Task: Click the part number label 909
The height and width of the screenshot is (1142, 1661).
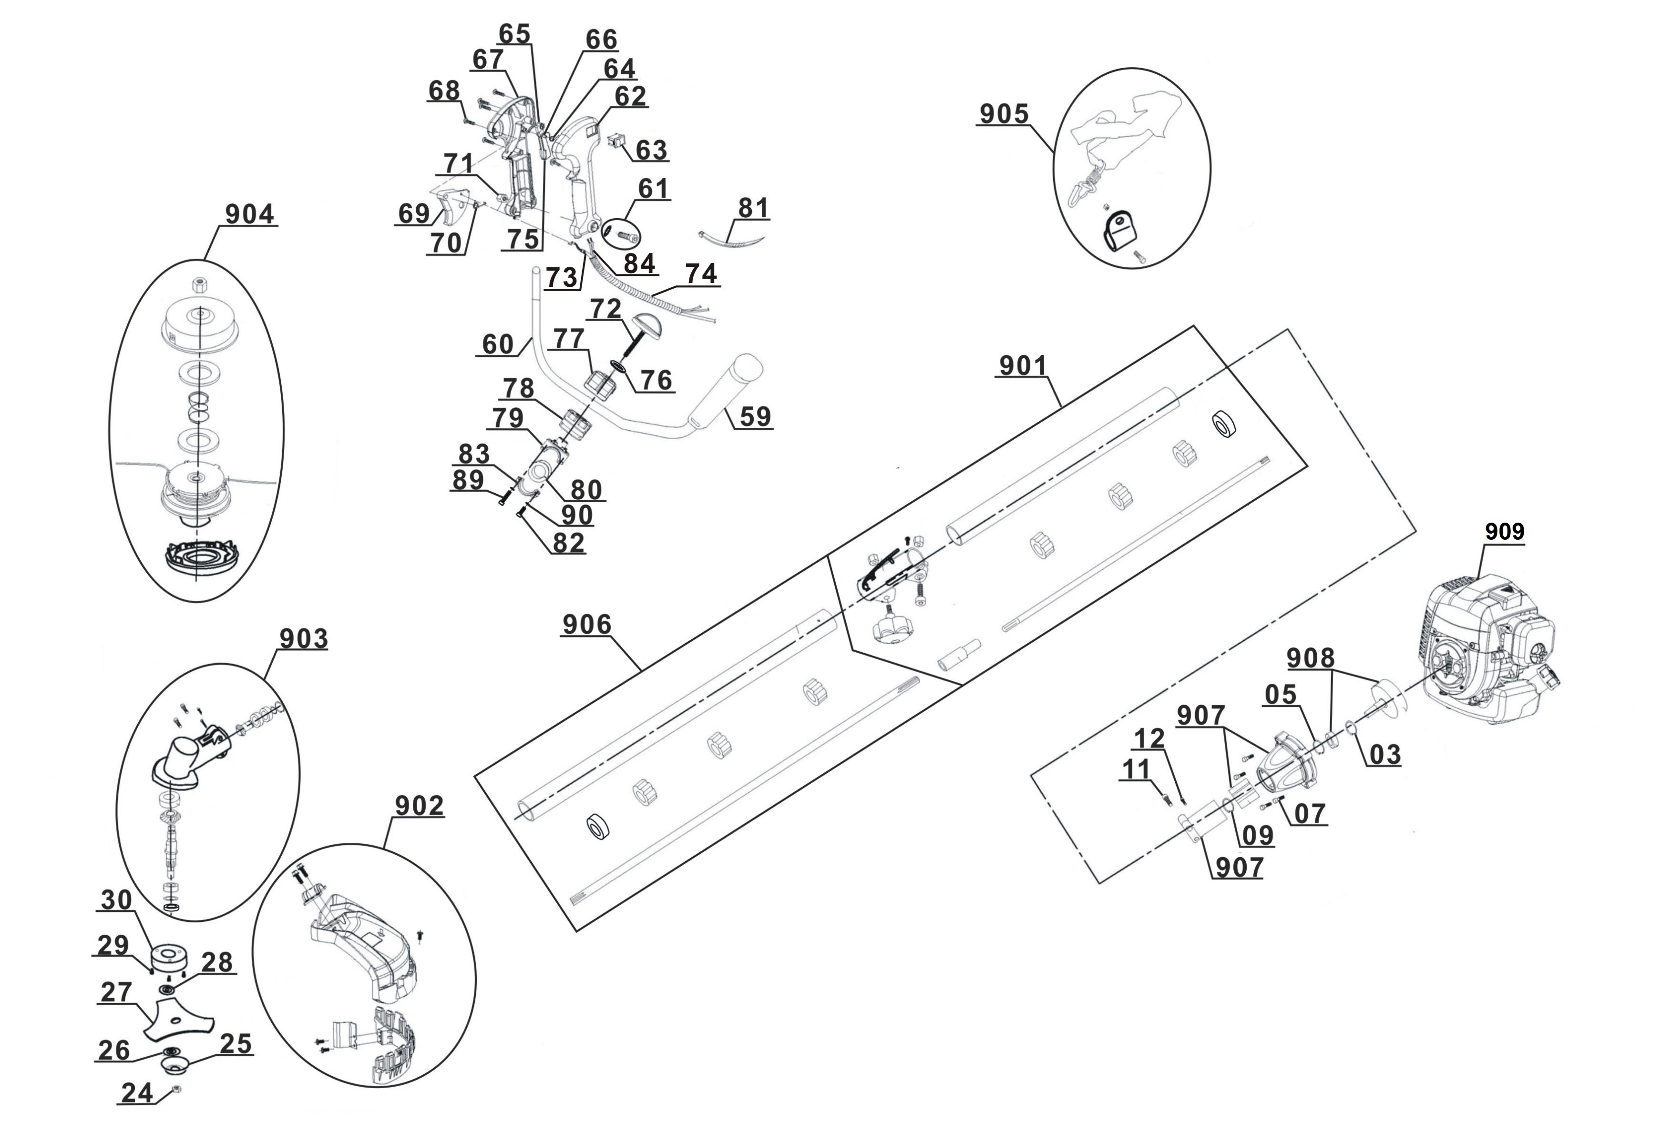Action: point(1504,532)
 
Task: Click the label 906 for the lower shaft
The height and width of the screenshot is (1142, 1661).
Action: point(587,625)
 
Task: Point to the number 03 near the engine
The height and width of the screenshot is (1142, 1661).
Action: point(1384,754)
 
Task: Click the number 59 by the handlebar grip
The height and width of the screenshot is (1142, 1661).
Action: point(755,416)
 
